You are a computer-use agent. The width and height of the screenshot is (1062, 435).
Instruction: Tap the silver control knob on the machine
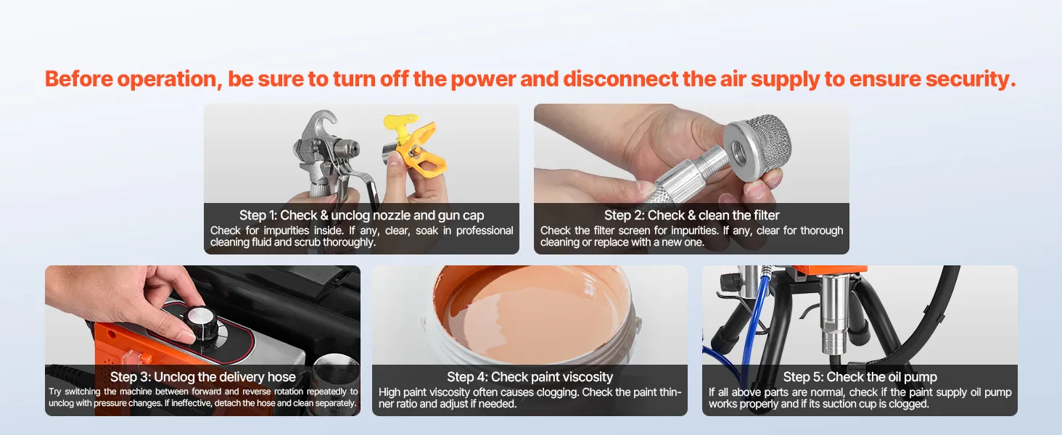pos(200,320)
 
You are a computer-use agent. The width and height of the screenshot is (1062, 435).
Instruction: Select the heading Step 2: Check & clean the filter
pos(691,215)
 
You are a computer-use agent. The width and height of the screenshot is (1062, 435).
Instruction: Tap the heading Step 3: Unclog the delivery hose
pos(203,377)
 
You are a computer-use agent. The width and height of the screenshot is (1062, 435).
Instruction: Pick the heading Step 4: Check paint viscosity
pos(530,377)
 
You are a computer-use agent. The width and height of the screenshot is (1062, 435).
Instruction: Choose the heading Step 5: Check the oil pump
pos(860,377)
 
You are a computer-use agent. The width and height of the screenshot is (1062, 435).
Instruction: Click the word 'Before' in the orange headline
pos(79,78)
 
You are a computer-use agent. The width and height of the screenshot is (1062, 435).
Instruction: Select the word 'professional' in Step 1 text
pos(485,231)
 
